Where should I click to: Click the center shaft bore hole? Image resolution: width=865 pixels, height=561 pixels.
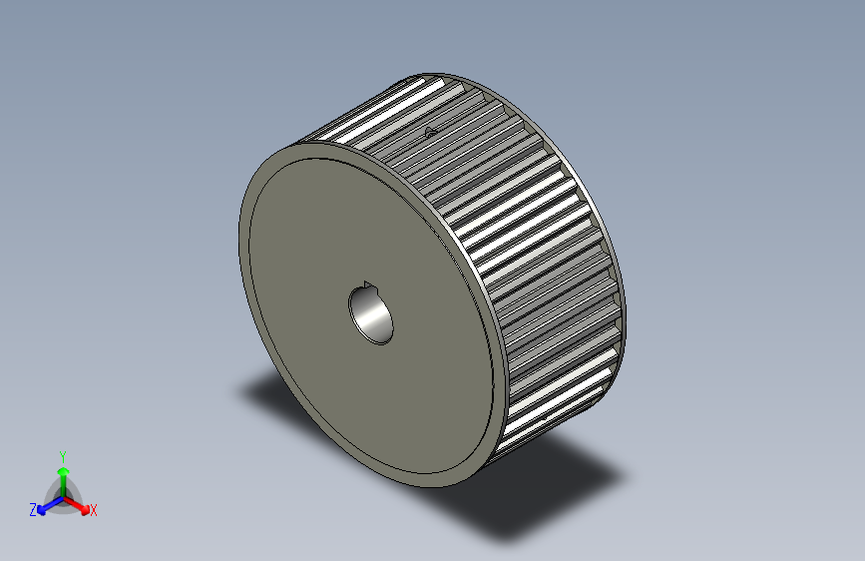click(x=371, y=313)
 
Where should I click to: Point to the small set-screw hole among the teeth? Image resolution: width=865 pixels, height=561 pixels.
click(x=431, y=130)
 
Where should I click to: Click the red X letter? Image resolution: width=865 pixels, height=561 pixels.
click(x=94, y=510)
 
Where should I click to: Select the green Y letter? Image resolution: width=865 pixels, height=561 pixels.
click(x=62, y=454)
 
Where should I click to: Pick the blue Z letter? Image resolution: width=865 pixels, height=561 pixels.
click(x=33, y=509)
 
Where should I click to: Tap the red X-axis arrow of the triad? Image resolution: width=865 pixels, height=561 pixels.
click(x=79, y=502)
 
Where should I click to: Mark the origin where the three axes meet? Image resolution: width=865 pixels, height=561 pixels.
click(x=63, y=494)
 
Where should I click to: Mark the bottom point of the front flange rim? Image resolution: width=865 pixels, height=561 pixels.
click(x=439, y=487)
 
